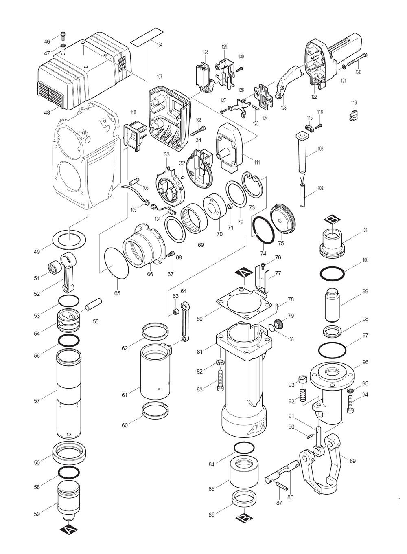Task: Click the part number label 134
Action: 159,45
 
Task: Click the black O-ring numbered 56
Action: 69,340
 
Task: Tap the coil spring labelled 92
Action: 302,395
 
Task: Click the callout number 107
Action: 159,76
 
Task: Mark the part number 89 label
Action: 352,461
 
